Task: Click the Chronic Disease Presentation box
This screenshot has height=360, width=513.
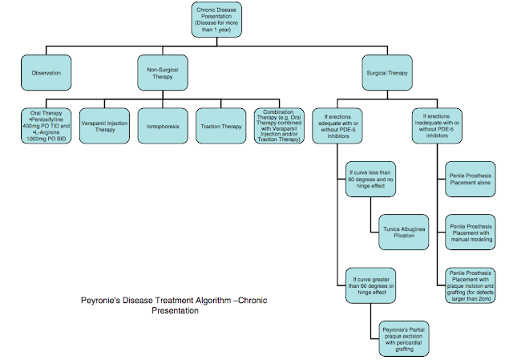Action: (218, 20)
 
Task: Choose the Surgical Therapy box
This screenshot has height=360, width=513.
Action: (388, 74)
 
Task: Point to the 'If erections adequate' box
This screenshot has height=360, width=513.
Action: (337, 126)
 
